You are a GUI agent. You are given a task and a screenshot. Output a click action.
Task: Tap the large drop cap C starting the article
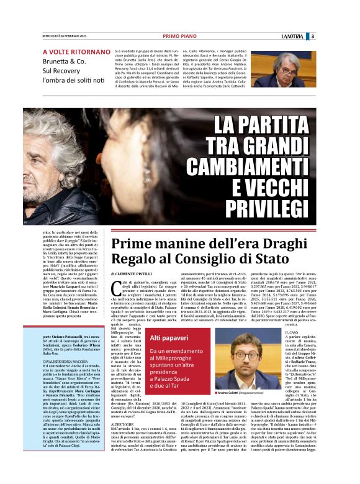tap(117, 287)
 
